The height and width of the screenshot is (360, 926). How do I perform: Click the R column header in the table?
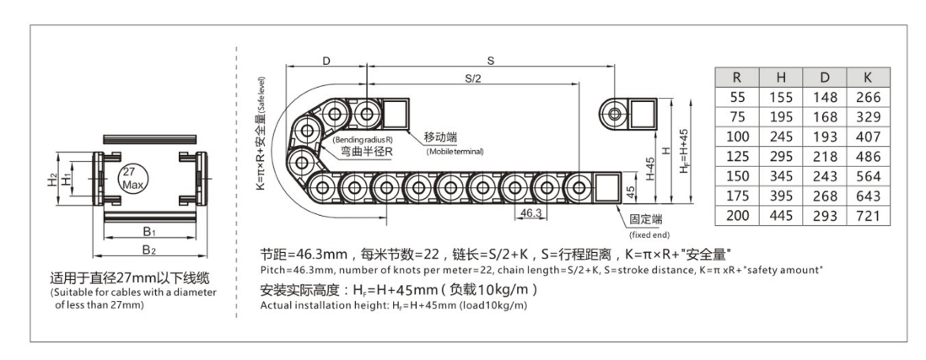tap(735, 78)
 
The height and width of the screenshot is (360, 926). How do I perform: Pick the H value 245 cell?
tap(781, 137)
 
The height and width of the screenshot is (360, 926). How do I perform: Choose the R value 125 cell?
tap(735, 157)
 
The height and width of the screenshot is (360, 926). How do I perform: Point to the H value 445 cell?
tap(781, 216)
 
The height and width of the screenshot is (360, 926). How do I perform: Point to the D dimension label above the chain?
tap(326, 60)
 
